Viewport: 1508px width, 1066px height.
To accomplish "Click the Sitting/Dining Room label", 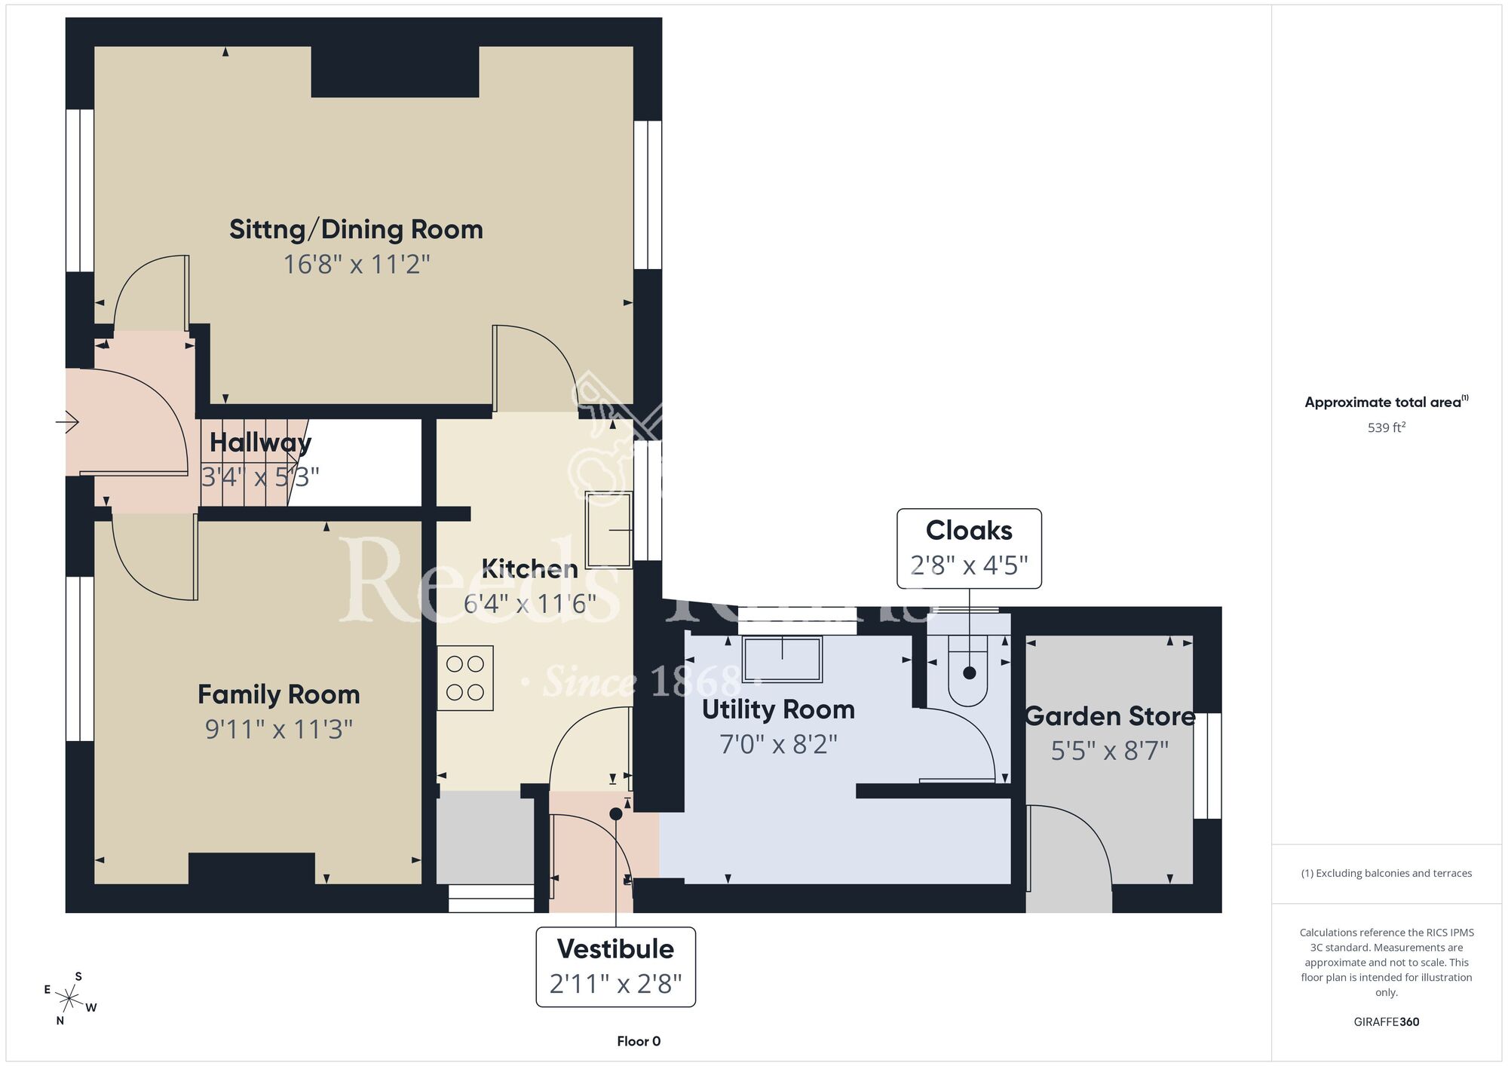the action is click(x=356, y=229).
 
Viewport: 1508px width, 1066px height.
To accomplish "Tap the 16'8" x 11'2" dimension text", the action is click(x=357, y=265).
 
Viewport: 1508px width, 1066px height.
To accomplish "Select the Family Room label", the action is click(x=279, y=694).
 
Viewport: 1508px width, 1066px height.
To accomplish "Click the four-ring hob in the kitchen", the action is click(x=465, y=678).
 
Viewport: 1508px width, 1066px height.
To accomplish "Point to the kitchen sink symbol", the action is click(x=608, y=529).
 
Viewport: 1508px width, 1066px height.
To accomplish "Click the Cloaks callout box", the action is click(x=969, y=548).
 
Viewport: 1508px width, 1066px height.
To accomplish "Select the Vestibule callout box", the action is click(x=615, y=966).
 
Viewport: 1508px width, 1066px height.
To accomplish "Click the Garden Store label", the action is click(x=1110, y=716).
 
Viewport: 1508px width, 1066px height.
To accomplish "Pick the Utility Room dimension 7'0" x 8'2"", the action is click(x=779, y=745).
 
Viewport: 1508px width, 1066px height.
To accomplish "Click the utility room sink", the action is click(x=782, y=659).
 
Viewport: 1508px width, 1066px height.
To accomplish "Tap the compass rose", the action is click(x=69, y=1000).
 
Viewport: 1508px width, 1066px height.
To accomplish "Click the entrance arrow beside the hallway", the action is click(x=67, y=421).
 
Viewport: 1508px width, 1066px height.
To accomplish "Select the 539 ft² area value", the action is click(x=1387, y=427).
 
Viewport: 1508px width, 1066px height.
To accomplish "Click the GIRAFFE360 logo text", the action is click(x=1387, y=1022).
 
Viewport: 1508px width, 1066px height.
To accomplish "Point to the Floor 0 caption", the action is click(x=639, y=1041).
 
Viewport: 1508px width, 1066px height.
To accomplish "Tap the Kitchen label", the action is click(x=529, y=568).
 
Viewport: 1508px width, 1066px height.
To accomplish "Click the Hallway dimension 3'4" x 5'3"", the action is click(x=260, y=477).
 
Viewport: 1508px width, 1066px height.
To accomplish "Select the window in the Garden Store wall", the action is click(x=1208, y=766).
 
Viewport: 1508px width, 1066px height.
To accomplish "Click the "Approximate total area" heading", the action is click(x=1387, y=402).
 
